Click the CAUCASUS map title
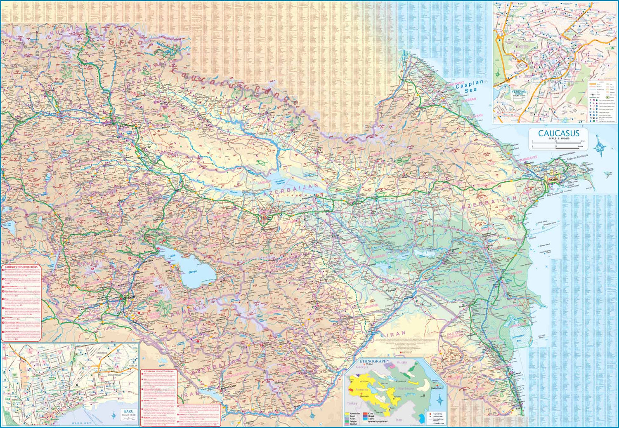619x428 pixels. [558, 133]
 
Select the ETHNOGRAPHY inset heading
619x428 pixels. [374, 361]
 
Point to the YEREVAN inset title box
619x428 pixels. [519, 93]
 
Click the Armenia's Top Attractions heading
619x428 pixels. [21, 267]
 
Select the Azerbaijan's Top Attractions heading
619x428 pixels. [158, 372]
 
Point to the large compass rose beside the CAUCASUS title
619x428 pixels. [600, 146]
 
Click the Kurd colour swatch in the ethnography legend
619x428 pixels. [365, 414]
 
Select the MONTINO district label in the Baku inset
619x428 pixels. [102, 353]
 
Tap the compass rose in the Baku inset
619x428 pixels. [114, 416]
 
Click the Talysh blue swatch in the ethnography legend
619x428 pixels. [365, 419]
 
